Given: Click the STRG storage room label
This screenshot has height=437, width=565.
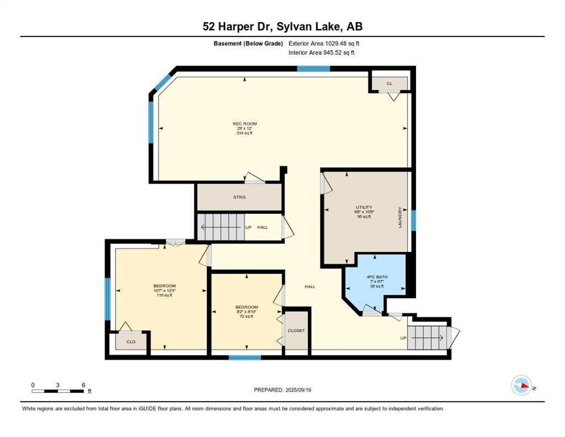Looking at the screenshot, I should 239,197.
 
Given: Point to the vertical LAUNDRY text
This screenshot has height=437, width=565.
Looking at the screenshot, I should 400,217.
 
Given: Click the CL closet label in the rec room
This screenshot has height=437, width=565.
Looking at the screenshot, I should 389,84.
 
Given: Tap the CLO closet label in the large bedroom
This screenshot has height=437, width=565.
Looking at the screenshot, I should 131,342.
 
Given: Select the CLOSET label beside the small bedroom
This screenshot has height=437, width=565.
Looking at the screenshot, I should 296,331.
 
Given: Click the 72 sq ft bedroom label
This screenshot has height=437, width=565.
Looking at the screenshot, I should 247,311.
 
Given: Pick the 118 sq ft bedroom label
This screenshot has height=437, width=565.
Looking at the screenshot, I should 164,290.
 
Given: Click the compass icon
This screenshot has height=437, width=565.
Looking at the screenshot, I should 522,385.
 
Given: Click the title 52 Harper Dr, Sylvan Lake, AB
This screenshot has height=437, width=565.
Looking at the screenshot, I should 282,26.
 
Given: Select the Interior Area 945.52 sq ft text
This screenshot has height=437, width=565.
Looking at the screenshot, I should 322,53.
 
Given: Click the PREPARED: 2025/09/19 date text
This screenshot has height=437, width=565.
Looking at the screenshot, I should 282,390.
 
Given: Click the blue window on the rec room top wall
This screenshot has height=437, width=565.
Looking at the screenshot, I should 313,69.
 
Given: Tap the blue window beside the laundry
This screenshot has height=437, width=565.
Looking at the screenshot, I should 413,220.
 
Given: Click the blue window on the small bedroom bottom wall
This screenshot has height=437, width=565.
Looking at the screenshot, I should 245,357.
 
